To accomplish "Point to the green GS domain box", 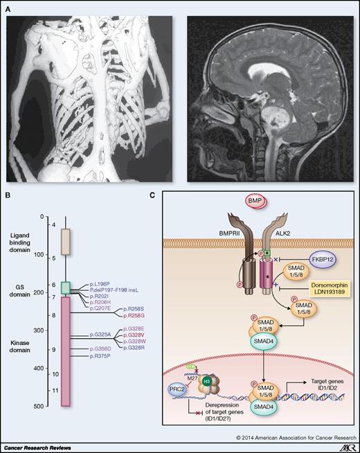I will (66, 287).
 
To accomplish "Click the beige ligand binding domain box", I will (66, 243).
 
